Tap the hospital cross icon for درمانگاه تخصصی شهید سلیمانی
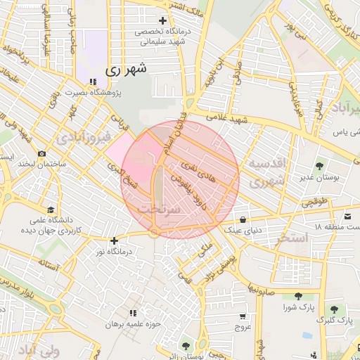coord(163,21)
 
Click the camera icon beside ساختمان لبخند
coord(42,153)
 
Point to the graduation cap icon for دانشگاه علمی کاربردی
coord(50,210)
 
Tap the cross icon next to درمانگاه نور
coord(114,240)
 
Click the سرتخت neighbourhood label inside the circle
coord(159,209)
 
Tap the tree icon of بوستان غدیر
coord(321,167)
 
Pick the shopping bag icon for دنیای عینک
coord(243,218)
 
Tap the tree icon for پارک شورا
coord(298,296)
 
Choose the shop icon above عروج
coord(243,316)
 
